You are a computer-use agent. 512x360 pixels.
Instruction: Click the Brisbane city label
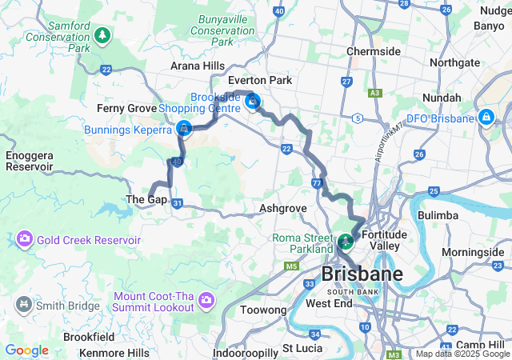point(362,274)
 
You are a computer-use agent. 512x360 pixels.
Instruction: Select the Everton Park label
point(260,80)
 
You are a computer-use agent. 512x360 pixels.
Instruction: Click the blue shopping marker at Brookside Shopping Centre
point(253,101)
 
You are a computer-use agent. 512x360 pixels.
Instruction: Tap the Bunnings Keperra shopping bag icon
point(184,128)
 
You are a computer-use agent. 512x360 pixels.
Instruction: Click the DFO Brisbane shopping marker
point(486,118)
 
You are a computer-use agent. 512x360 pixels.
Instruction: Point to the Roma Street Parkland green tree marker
point(346,240)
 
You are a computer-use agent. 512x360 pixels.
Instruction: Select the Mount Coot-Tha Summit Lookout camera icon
point(206,300)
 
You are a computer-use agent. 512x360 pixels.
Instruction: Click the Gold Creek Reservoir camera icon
point(24,239)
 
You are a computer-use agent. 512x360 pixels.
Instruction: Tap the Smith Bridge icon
point(24,305)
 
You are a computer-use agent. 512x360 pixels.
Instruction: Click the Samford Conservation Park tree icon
point(102,35)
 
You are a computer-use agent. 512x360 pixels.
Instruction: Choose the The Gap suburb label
point(146,199)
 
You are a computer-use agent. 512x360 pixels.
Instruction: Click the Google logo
point(26,350)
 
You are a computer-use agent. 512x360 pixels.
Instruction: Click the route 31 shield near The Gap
point(177,204)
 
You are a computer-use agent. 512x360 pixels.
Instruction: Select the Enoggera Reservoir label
point(29,161)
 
